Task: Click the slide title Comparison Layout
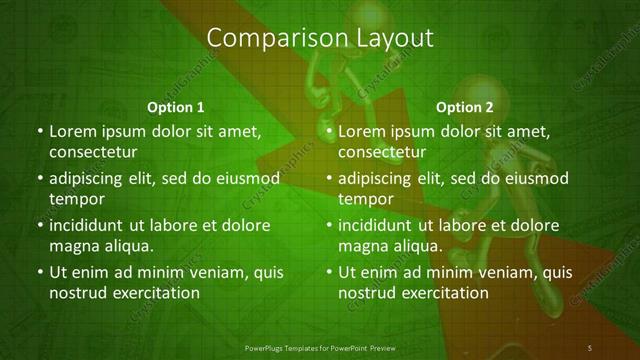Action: click(x=320, y=38)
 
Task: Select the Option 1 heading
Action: click(x=176, y=107)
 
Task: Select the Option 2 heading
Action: click(x=465, y=107)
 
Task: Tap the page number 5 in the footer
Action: click(x=591, y=347)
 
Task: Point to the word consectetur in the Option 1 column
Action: click(x=92, y=152)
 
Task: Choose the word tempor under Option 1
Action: click(x=73, y=199)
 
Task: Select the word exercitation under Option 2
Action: click(x=443, y=293)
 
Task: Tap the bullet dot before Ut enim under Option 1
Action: click(x=39, y=272)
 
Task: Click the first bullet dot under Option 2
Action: click(x=329, y=131)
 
